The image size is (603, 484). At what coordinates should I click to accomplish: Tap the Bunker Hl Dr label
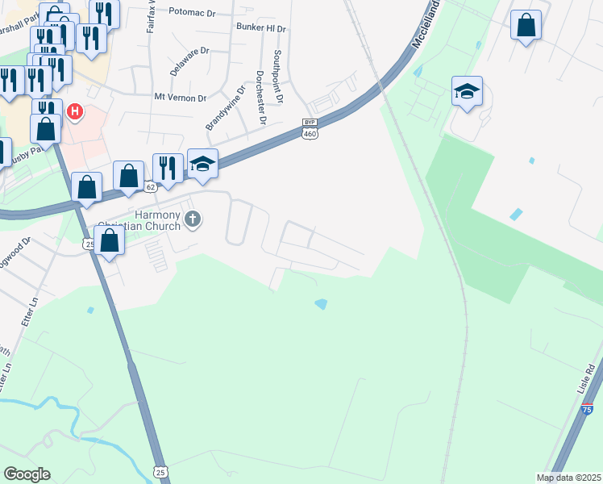tap(262, 28)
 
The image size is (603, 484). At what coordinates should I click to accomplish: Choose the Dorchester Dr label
tap(260, 98)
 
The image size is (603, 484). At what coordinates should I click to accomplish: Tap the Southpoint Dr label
tap(278, 77)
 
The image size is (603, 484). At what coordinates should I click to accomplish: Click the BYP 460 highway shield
tap(311, 128)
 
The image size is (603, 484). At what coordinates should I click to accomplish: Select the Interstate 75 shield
tap(587, 409)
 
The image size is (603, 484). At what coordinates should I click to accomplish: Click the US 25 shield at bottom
tap(161, 470)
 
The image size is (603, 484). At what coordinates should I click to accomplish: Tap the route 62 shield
tap(151, 187)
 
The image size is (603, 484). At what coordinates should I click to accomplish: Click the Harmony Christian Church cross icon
tap(192, 219)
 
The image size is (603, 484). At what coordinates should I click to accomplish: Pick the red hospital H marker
tap(75, 111)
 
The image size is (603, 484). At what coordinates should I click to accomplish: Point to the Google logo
tap(27, 474)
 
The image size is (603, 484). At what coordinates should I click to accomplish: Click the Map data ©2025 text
tap(568, 478)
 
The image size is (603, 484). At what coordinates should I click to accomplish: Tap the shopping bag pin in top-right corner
tap(526, 25)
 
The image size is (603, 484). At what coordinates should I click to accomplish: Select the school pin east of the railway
tap(467, 91)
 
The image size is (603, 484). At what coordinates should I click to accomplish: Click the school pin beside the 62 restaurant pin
tap(202, 164)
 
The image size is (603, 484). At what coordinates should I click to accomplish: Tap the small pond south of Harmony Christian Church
tap(322, 304)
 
